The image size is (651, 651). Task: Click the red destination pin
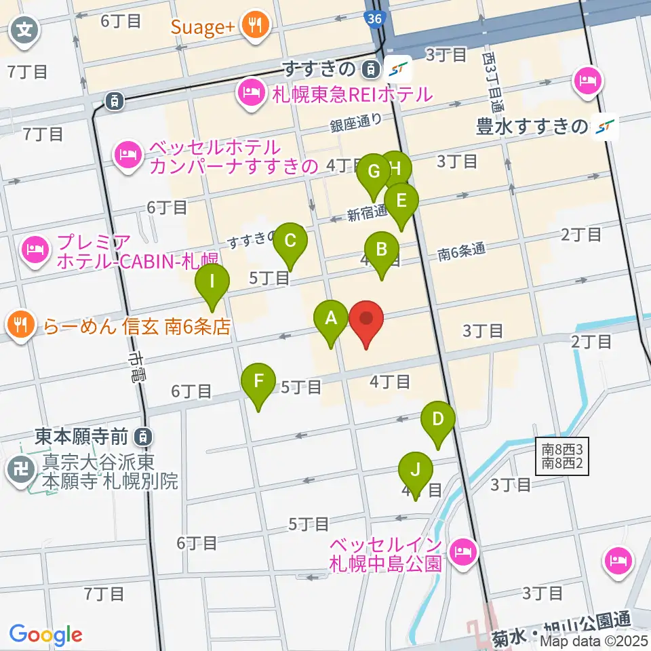366,319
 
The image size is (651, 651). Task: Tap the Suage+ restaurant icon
258,26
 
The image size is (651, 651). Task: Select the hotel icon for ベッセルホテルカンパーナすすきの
127,156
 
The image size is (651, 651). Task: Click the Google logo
45,635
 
